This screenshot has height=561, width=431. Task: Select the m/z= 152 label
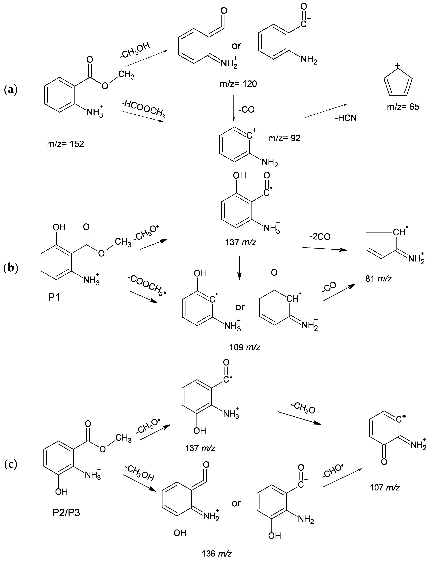click(x=65, y=144)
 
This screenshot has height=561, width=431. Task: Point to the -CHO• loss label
click(x=333, y=470)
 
